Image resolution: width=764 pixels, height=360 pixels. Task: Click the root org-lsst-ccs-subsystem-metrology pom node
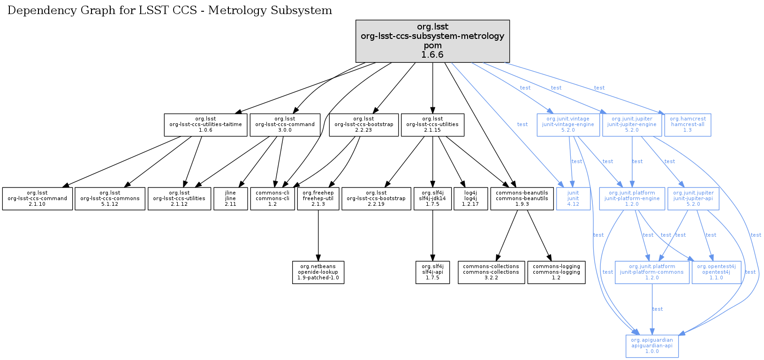(432, 41)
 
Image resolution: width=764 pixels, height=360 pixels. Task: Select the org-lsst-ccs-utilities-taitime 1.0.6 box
(205, 125)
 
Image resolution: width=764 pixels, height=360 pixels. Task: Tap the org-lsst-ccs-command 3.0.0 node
(285, 125)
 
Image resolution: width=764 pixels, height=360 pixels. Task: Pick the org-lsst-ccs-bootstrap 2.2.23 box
(363, 125)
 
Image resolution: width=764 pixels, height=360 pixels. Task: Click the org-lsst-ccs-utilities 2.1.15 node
(432, 125)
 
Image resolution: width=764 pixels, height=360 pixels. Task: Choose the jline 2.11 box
(230, 199)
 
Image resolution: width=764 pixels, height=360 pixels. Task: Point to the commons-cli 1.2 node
(272, 199)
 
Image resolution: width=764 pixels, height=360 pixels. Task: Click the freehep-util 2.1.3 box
(318, 199)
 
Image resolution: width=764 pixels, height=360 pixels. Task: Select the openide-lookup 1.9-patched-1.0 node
(318, 272)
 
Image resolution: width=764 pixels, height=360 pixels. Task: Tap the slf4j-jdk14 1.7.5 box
(432, 199)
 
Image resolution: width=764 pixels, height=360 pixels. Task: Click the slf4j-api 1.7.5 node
(432, 272)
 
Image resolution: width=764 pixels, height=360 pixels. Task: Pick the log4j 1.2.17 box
(470, 199)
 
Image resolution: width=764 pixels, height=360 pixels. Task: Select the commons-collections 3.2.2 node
(491, 272)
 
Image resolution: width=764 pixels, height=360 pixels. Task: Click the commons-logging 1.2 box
(556, 272)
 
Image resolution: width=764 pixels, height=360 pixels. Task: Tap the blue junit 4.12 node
(573, 199)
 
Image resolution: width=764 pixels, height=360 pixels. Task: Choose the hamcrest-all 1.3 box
(688, 125)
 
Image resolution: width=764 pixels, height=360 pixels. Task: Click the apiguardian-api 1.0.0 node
(652, 346)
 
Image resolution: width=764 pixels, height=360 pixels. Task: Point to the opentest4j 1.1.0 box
(716, 272)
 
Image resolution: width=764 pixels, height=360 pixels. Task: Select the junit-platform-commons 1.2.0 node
(652, 272)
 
